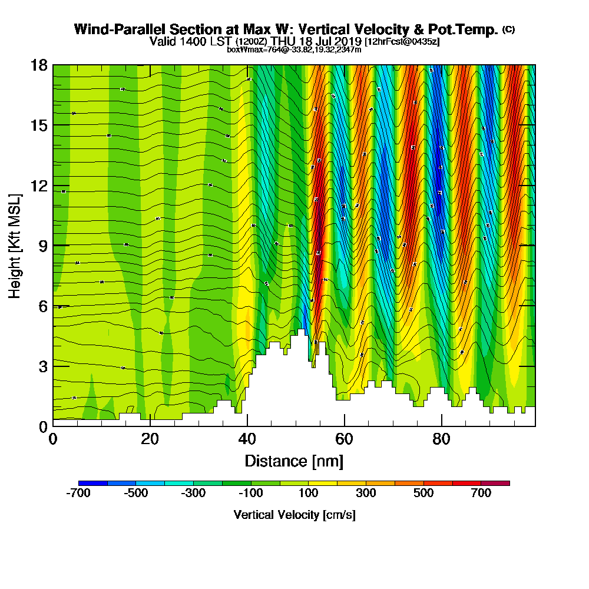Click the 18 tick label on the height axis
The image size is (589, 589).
pyautogui.click(x=39, y=65)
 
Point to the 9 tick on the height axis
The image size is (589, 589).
pyautogui.click(x=53, y=245)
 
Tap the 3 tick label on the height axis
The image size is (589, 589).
pyautogui.click(x=42, y=366)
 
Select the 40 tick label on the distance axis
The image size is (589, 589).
pyautogui.click(x=247, y=439)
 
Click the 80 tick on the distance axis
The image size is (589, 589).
pyautogui.click(x=441, y=425)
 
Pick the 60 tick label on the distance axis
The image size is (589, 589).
pyautogui.click(x=344, y=439)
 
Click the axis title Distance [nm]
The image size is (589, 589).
pyautogui.click(x=294, y=461)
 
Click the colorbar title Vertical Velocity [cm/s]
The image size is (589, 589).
pyautogui.click(x=294, y=515)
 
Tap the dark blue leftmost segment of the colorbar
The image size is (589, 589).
pyautogui.click(x=92, y=483)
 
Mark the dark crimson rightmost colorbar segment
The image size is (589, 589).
pyautogui.click(x=495, y=483)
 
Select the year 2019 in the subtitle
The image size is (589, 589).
pyautogui.click(x=349, y=41)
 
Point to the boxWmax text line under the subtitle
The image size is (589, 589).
pyautogui.click(x=294, y=49)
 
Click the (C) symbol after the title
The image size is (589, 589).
pyautogui.click(x=508, y=29)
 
